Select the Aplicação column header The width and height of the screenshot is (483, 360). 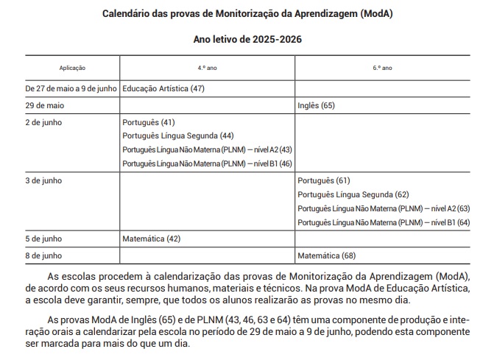pos(72,67)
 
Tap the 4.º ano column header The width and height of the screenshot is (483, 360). pos(207,67)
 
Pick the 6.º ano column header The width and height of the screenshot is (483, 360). pos(382,67)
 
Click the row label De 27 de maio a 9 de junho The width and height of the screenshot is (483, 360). pos(71,88)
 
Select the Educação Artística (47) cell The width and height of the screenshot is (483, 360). pos(163,88)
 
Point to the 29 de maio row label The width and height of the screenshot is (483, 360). pos(44,106)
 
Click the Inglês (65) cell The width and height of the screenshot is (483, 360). pos(316,106)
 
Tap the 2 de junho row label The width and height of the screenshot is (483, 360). pos(43,122)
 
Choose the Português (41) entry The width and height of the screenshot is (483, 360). pos(149,122)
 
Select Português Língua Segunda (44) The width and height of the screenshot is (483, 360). pos(177,135)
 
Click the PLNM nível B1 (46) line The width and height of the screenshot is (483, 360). pos(207,163)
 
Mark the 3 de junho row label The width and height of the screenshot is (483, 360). pos(43,180)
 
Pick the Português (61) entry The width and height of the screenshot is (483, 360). pos(324,180)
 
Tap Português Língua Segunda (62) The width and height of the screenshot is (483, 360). pos(353,194)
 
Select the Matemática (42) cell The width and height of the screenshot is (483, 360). pos(152,239)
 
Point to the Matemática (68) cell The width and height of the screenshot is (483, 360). pos(327,255)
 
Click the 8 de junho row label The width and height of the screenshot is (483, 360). pos(43,255)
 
